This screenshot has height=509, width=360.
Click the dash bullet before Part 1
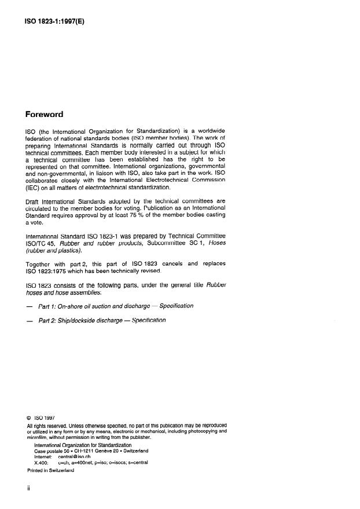[30, 306]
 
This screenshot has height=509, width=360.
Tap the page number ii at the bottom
[29, 489]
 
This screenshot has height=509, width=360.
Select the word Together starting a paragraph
[43, 280]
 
